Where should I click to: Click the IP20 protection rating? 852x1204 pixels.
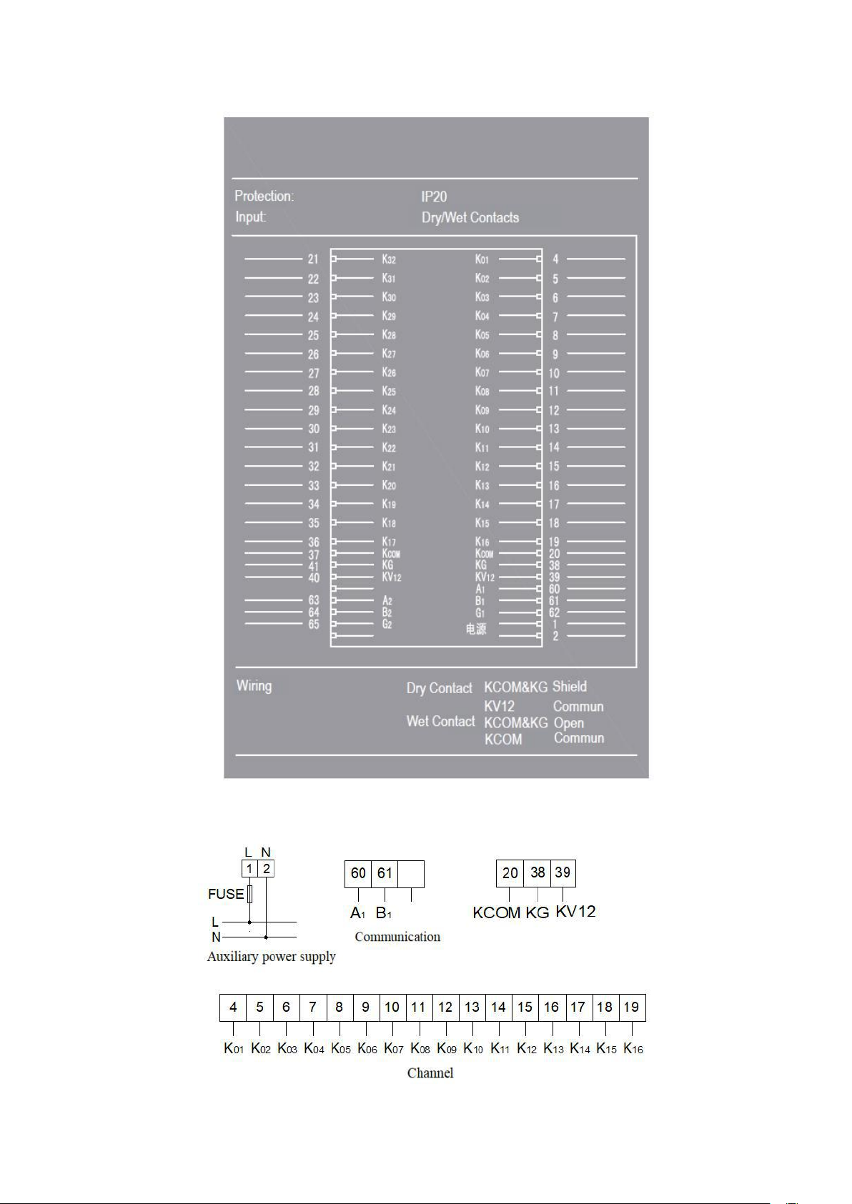point(434,196)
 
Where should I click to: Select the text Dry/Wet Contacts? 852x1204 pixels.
point(470,217)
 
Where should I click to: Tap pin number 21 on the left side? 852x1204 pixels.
point(313,259)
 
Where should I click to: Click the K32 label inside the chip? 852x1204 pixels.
point(388,259)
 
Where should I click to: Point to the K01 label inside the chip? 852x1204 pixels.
point(482,259)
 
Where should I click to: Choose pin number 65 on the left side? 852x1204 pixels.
point(314,625)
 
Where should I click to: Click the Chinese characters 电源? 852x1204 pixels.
point(476,629)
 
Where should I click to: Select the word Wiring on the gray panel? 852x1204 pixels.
point(254,686)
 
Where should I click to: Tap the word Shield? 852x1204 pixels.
point(569,687)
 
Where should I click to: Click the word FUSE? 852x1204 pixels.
point(226,894)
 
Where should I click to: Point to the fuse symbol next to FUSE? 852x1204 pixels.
point(249,894)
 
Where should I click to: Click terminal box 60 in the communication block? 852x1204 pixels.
point(358,873)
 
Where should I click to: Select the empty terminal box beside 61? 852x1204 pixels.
point(411,874)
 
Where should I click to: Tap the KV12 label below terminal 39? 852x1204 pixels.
point(575,912)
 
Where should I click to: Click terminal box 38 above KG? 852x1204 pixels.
point(538,872)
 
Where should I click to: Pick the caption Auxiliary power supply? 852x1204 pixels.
point(271,957)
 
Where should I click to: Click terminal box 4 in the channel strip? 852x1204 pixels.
point(233,1008)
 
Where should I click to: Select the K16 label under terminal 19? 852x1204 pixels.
point(633,1049)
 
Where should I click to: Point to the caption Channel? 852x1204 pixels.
point(430,1073)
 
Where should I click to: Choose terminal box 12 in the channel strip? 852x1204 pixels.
point(445,1008)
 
